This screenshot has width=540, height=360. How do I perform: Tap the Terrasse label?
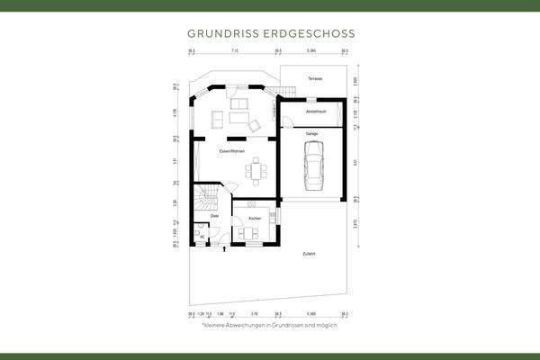coord(314,79)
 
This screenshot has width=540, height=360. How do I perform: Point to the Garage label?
coord(312,132)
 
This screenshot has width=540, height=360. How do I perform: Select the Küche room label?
coord(255,218)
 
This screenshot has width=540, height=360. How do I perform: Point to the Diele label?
coord(214,216)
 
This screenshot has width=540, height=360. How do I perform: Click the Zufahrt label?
coord(310,255)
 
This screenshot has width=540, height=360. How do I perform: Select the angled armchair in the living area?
coord(256,124)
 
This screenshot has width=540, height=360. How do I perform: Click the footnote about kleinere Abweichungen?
coord(269,325)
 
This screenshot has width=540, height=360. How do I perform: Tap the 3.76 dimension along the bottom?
coord(255,314)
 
